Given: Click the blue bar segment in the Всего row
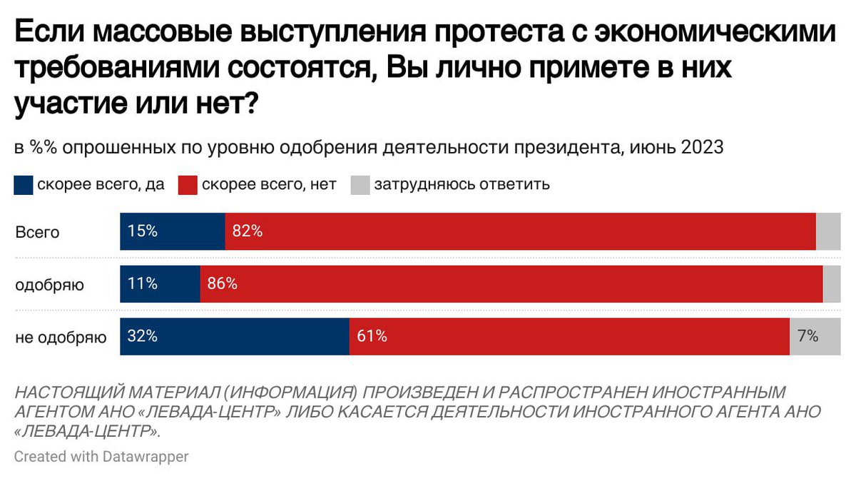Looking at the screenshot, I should (x=172, y=232).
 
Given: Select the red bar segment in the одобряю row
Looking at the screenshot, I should (x=511, y=284).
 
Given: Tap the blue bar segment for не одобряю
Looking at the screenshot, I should (x=234, y=336).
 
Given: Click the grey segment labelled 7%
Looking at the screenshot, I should (x=815, y=336).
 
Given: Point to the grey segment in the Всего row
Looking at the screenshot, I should (x=828, y=232).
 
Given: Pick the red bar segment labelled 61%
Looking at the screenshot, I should (x=569, y=336).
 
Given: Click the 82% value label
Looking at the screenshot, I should (x=247, y=232).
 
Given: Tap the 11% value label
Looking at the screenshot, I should (x=142, y=284).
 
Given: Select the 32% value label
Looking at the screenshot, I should (x=142, y=336).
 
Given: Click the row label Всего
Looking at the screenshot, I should (x=37, y=233).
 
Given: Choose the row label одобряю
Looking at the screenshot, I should (x=50, y=285).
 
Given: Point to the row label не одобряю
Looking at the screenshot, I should (x=61, y=337).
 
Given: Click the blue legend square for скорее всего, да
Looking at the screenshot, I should (x=24, y=185).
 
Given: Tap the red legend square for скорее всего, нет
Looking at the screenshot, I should (x=188, y=185).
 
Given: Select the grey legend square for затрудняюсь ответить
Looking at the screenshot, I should (x=360, y=185).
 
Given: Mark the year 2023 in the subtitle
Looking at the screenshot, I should (x=702, y=148).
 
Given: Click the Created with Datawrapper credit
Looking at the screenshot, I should (x=101, y=457).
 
